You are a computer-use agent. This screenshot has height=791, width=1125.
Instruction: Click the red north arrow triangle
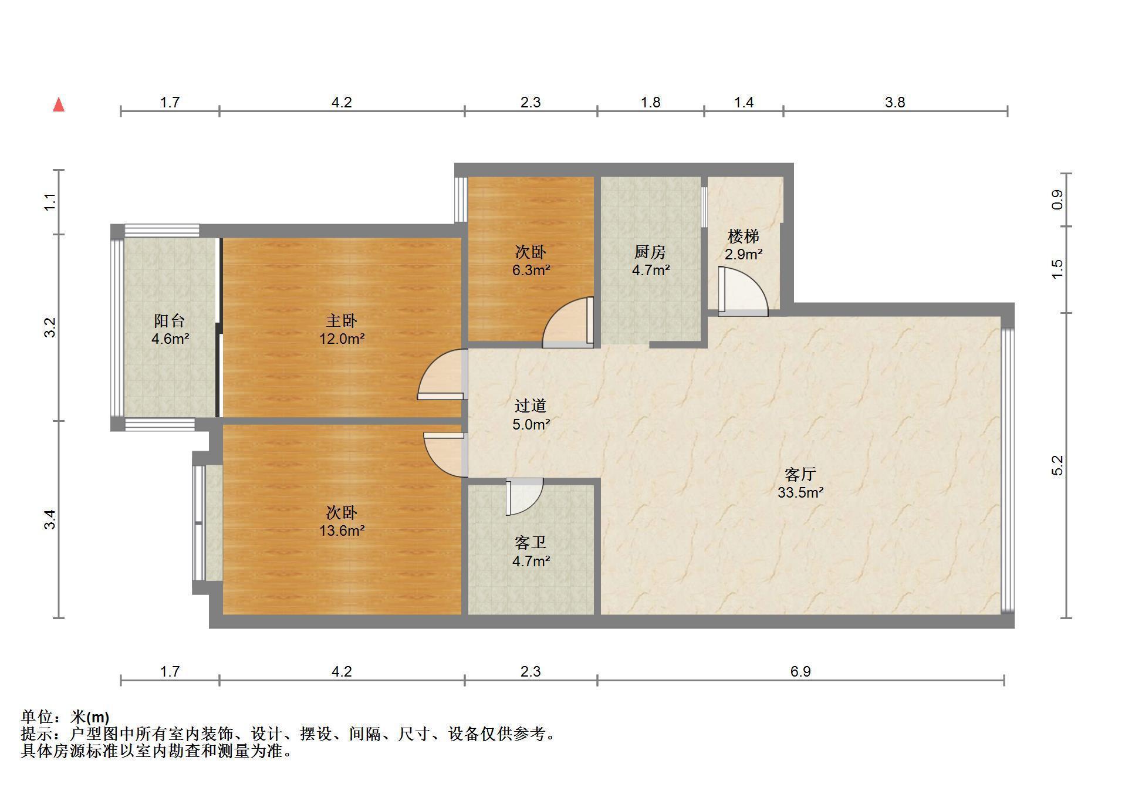pos(59,105)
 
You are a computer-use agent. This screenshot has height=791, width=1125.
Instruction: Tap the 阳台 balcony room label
pos(170,320)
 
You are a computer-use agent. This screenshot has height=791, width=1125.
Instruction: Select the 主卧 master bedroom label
pos(342,320)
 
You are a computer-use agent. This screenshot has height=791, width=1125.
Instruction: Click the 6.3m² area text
pos(531,270)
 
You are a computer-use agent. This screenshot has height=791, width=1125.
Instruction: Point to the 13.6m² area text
pos(342,530)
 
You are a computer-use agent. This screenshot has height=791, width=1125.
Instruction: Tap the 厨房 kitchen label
pos(650,252)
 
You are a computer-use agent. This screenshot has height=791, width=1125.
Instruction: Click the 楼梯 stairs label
pos(744,236)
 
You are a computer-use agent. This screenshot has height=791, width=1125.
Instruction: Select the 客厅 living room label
pos(800,474)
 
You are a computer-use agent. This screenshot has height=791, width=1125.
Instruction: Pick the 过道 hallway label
pos(531,405)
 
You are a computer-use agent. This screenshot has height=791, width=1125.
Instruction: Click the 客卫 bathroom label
pos(531,542)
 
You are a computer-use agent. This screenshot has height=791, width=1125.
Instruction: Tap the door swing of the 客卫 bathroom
pos(525,497)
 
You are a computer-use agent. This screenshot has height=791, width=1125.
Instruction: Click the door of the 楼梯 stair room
pos(743,292)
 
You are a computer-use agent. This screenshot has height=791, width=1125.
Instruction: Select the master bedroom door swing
pos(442,374)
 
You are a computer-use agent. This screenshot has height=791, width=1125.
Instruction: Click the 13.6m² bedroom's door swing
pos(445,455)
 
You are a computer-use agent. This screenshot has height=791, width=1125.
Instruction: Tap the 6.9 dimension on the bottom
pos(800,671)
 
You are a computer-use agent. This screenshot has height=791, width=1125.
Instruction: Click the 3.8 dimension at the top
pos(895,102)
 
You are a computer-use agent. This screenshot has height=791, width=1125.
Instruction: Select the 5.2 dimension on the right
pos(1057,465)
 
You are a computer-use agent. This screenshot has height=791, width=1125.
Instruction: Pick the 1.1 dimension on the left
pos(51,202)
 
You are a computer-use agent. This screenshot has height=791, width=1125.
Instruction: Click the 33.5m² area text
pos(800,492)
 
